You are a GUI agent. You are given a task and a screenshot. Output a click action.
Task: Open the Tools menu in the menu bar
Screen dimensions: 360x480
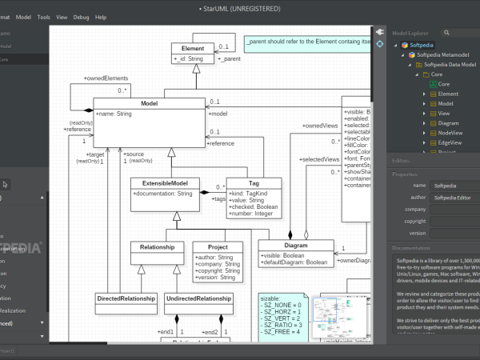[x=43, y=16]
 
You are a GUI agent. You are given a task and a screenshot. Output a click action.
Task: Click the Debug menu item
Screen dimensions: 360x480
[x=81, y=16]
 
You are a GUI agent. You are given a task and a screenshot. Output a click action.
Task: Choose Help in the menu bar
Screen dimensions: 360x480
[x=101, y=16]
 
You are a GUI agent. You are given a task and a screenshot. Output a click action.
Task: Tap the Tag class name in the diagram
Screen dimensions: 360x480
[x=253, y=182]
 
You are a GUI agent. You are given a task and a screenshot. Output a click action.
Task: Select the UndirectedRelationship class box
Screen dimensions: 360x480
[x=198, y=299]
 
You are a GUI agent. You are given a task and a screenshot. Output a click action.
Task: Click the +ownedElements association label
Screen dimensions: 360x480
[x=106, y=78]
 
